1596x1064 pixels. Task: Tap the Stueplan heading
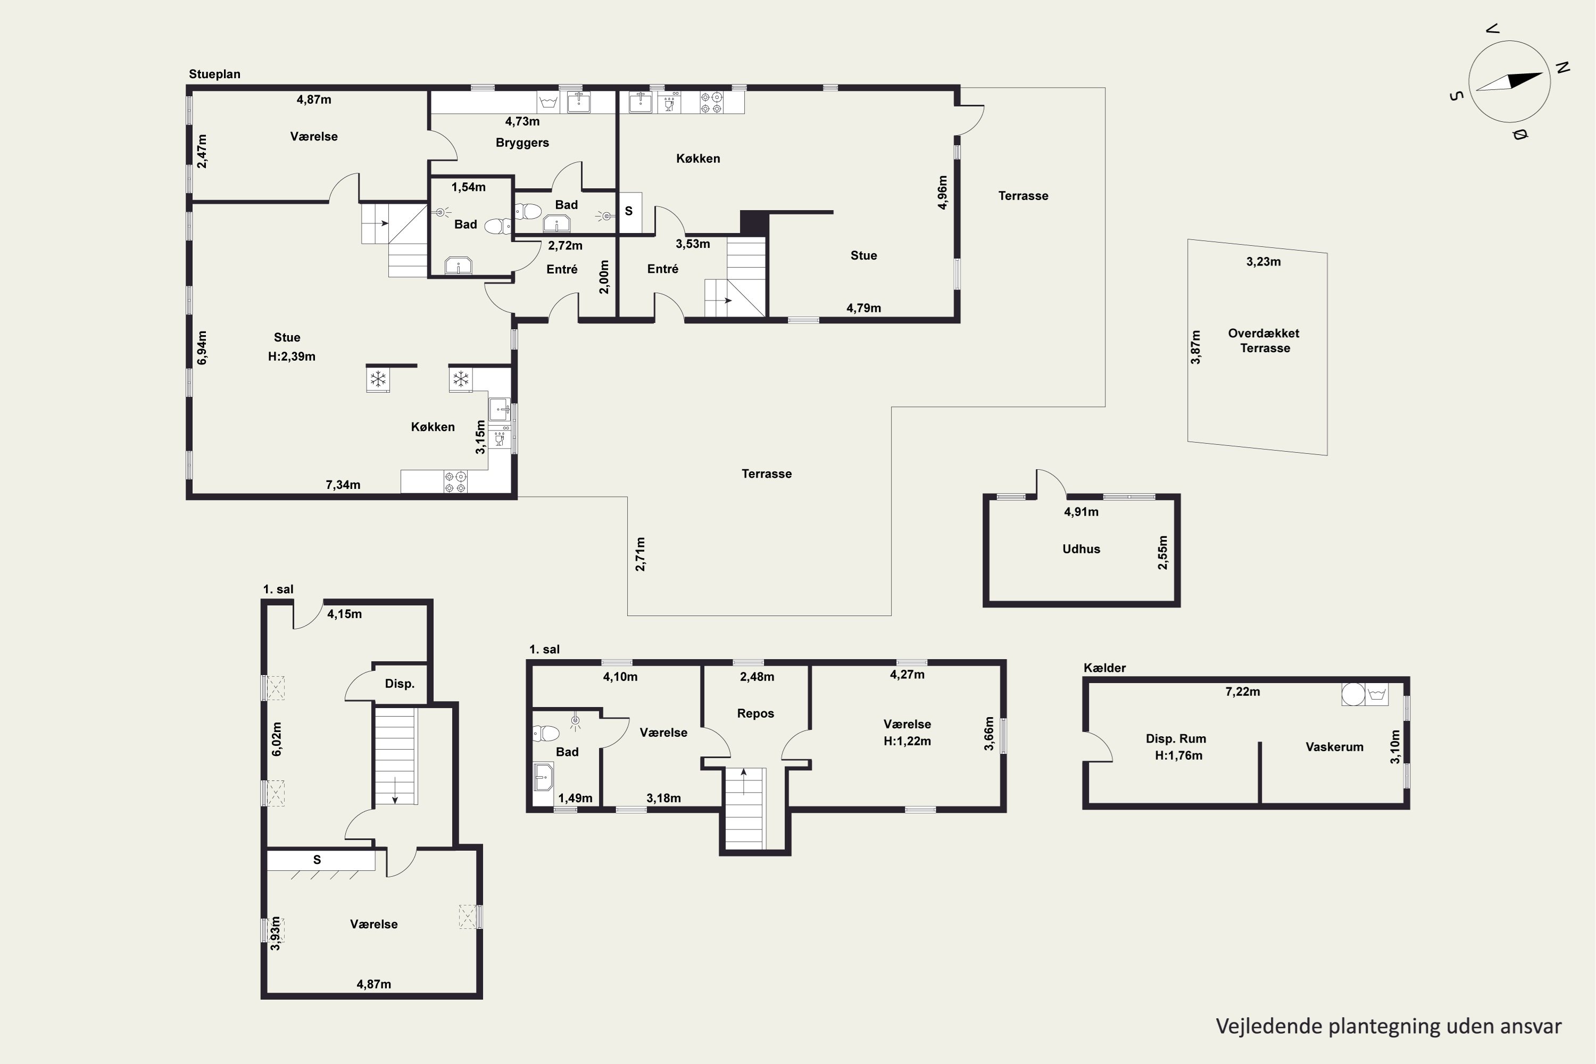click(214, 74)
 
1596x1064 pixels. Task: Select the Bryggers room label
click(522, 143)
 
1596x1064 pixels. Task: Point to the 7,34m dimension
click(343, 485)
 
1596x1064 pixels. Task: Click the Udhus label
click(1081, 549)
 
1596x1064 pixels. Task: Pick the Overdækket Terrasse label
click(1264, 340)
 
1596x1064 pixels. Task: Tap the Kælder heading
click(1104, 668)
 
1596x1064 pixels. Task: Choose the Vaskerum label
click(1334, 747)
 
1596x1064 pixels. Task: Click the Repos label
click(755, 713)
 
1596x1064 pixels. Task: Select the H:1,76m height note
click(1179, 756)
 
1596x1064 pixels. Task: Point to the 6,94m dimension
click(202, 348)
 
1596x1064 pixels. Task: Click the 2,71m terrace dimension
click(640, 554)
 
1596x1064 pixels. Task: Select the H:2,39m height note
click(291, 356)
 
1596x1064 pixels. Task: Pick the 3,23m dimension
click(1263, 262)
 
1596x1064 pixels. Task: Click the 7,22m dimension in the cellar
click(1242, 692)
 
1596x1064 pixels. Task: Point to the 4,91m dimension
click(1081, 512)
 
